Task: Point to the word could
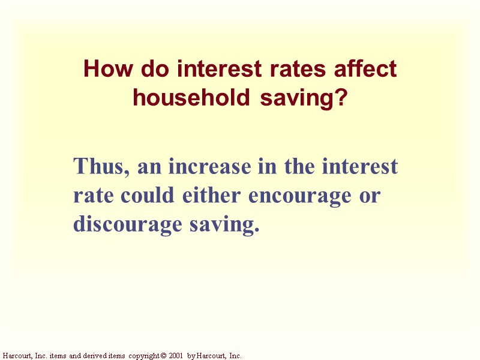[147, 195]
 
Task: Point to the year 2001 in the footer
[175, 356]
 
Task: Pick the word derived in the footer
[94, 356]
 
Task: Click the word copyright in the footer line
[142, 356]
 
